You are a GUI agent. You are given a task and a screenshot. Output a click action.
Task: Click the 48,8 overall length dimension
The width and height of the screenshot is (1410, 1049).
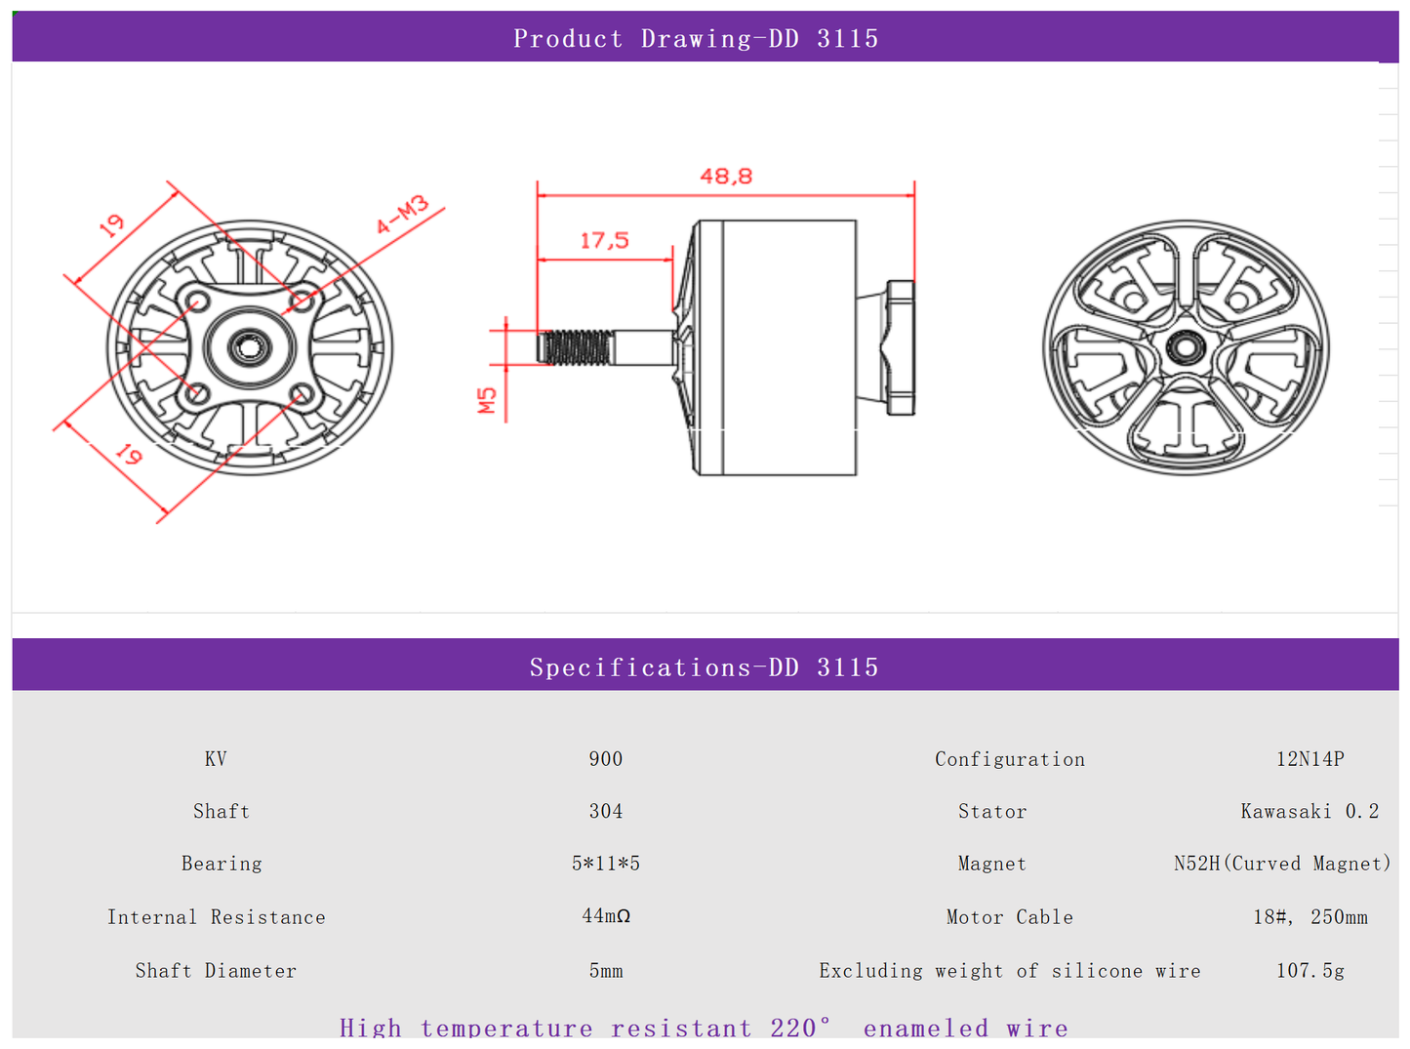726,177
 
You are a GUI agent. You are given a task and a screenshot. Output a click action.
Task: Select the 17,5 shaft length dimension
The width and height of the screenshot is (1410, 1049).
604,240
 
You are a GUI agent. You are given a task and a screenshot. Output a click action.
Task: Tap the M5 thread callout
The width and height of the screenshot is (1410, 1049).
487,400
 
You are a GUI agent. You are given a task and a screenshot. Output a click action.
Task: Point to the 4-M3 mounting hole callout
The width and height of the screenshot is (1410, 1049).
403,215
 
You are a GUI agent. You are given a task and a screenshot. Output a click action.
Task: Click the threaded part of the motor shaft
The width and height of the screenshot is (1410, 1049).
577,347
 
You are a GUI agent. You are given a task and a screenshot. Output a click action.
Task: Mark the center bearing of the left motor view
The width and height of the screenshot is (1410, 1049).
249,346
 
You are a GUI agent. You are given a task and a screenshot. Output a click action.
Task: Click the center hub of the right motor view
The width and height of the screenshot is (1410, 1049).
1186,345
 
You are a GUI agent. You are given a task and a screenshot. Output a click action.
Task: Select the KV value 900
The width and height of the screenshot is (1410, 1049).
605,759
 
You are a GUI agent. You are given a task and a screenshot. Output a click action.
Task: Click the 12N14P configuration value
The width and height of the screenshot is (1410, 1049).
1309,759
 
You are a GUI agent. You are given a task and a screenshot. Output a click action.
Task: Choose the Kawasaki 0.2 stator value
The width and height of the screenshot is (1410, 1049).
1309,811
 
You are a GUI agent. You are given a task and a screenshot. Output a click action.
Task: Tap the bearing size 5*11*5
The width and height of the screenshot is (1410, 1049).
605,864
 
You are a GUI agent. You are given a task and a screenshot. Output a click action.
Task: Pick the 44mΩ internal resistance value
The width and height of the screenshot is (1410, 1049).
605,916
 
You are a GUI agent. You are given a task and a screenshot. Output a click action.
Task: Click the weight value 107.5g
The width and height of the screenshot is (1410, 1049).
1309,971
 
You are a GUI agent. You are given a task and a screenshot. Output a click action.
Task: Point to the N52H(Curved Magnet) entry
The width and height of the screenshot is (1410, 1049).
1281,864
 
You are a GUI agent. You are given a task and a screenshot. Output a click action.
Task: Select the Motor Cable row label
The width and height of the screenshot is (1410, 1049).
1009,917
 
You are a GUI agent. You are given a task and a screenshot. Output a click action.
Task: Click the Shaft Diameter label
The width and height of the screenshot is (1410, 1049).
216,971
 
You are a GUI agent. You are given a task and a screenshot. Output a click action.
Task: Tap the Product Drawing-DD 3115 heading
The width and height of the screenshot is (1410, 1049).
696,38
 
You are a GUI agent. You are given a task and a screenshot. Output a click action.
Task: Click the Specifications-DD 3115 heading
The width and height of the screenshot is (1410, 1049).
704,667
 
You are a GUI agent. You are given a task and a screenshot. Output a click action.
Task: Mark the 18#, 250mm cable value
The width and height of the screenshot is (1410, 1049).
1309,917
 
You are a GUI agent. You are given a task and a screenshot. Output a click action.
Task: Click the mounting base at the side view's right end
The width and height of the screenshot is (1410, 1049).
900,347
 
